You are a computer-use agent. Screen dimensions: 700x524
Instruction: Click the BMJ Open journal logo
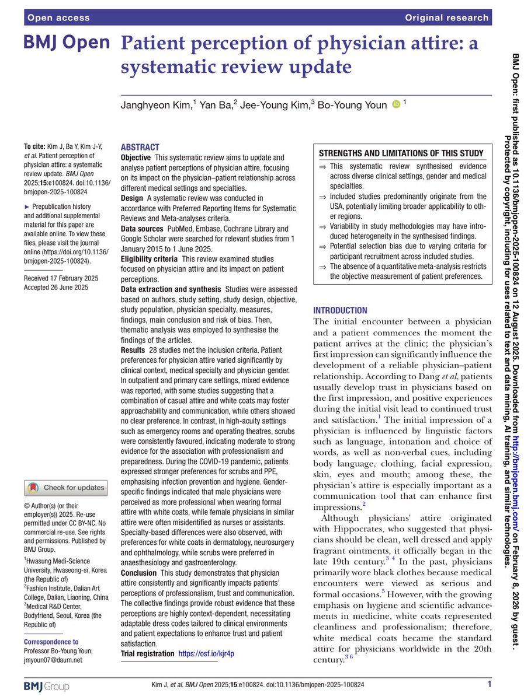point(67,43)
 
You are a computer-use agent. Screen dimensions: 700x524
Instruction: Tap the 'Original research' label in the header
point(446,17)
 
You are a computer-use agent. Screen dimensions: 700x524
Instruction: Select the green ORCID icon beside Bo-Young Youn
point(396,104)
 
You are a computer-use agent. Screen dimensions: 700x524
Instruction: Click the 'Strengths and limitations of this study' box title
point(401,153)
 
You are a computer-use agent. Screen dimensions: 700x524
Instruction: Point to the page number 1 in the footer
point(489,684)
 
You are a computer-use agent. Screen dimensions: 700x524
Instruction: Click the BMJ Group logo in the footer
point(47,684)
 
